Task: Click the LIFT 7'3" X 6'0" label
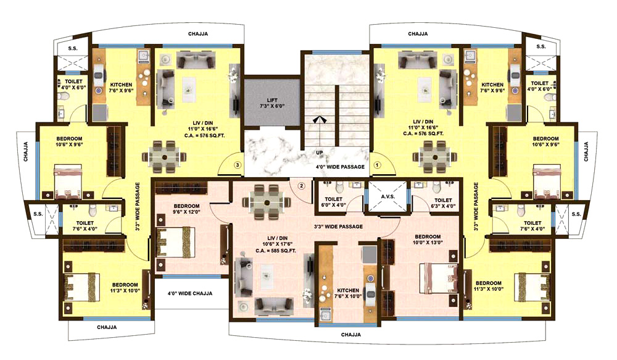(272, 103)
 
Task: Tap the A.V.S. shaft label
(387, 196)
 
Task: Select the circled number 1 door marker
(377, 165)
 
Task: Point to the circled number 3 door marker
(238, 165)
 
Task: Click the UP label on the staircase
(320, 153)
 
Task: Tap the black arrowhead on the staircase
(320, 120)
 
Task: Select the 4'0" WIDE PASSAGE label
(341, 167)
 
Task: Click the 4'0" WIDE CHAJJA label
(190, 293)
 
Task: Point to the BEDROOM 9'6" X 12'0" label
(186, 209)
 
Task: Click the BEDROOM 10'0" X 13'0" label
(428, 240)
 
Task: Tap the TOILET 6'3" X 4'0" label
(443, 203)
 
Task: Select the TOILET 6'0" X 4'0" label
(334, 202)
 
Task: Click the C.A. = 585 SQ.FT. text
(276, 251)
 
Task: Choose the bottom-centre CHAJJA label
(351, 335)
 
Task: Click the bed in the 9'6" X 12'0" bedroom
(176, 241)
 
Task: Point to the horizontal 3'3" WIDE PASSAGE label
(338, 227)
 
